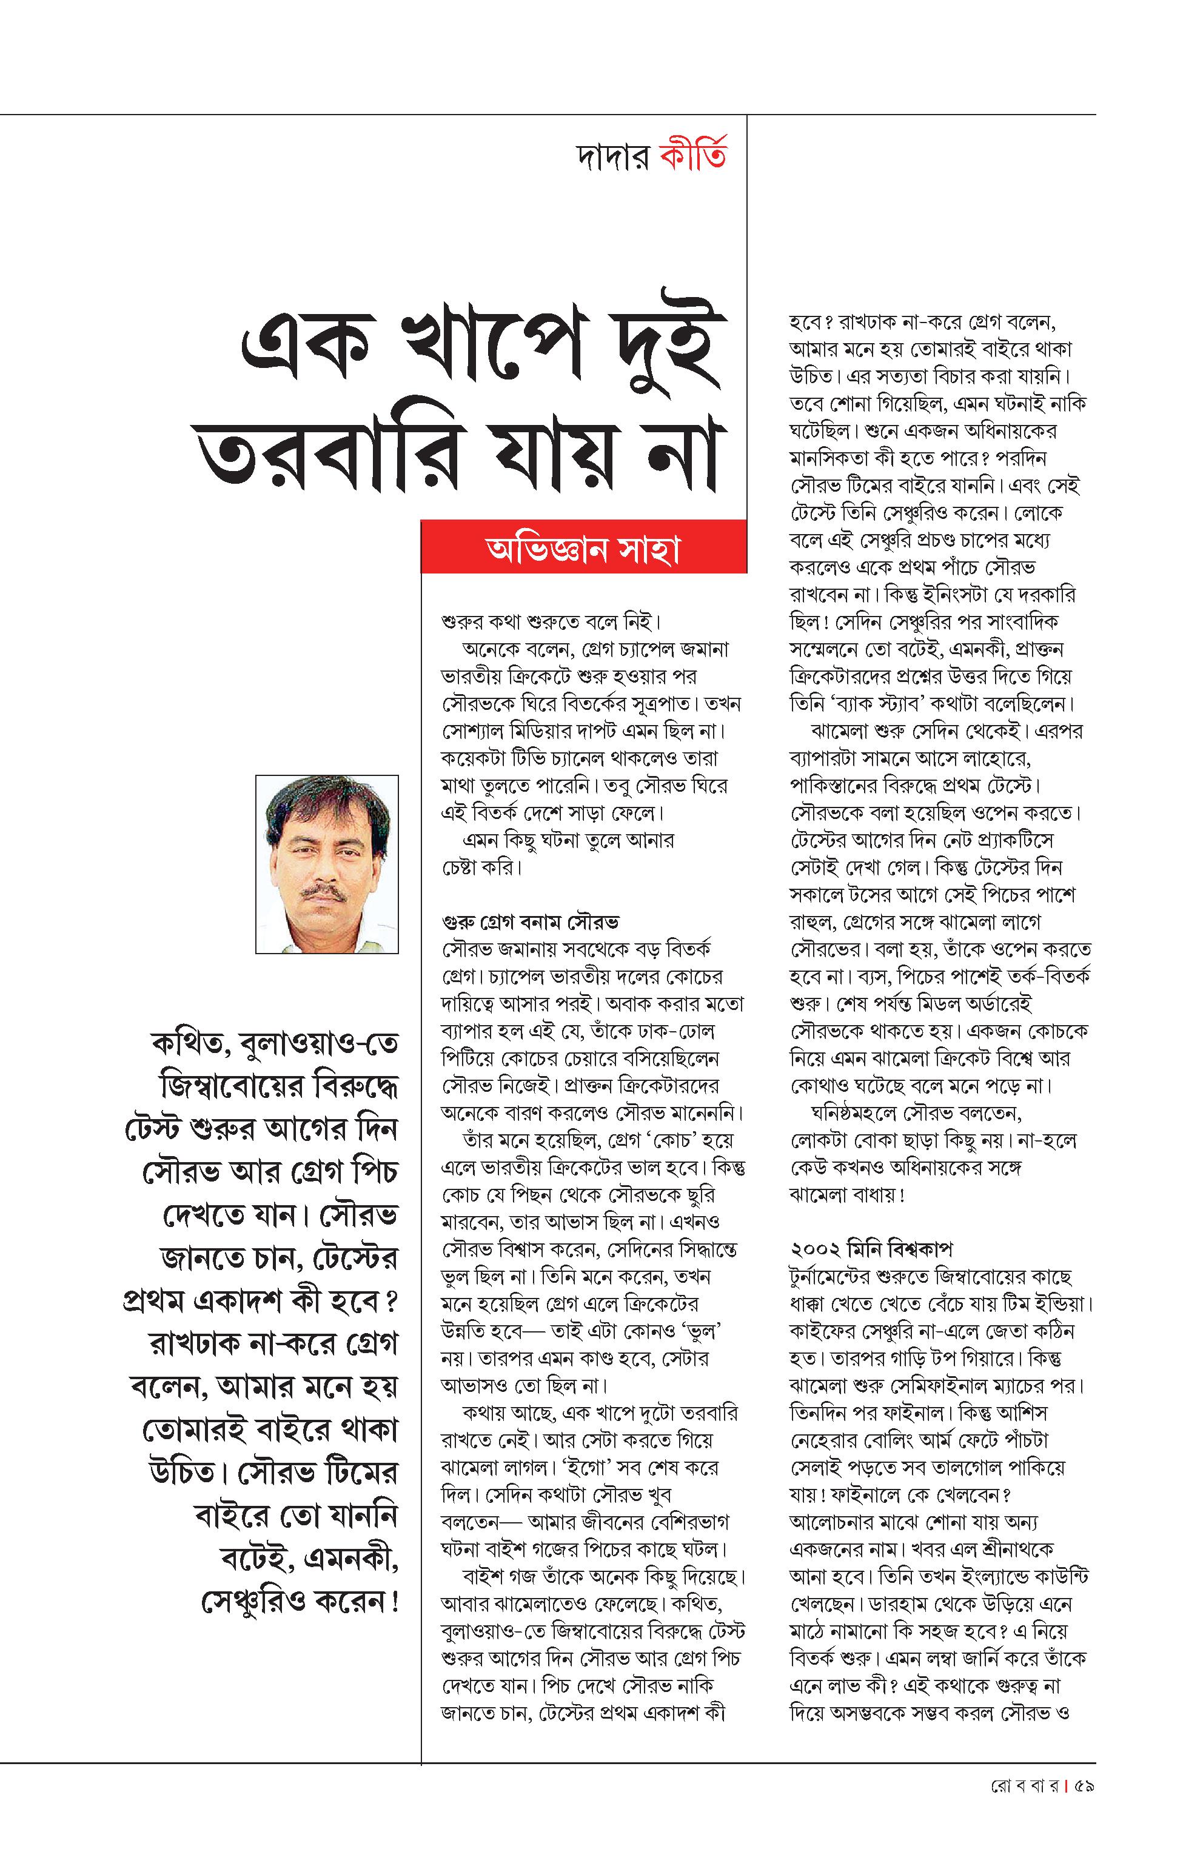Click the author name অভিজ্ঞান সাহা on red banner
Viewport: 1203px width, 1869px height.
click(x=583, y=550)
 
